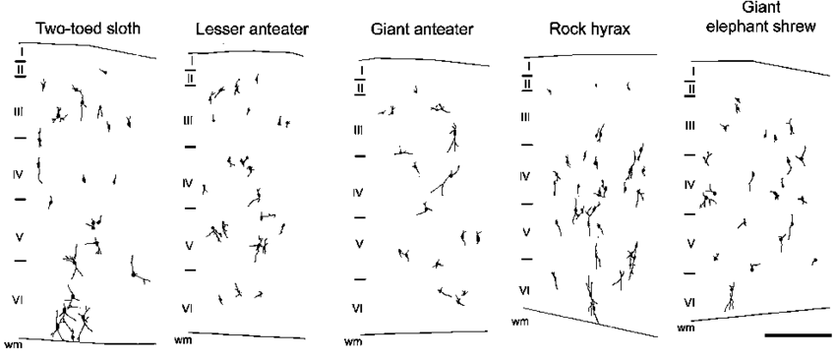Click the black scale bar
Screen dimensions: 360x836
point(796,335)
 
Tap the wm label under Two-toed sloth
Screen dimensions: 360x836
point(13,344)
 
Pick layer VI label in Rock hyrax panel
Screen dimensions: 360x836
point(526,289)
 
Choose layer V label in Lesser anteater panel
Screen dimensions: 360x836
point(189,244)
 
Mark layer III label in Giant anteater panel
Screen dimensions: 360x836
point(359,129)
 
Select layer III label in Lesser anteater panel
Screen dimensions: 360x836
point(189,119)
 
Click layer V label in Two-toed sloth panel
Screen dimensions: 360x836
point(17,236)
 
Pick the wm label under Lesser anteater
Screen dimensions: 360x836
point(182,340)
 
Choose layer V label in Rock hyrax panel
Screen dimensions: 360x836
point(526,232)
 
